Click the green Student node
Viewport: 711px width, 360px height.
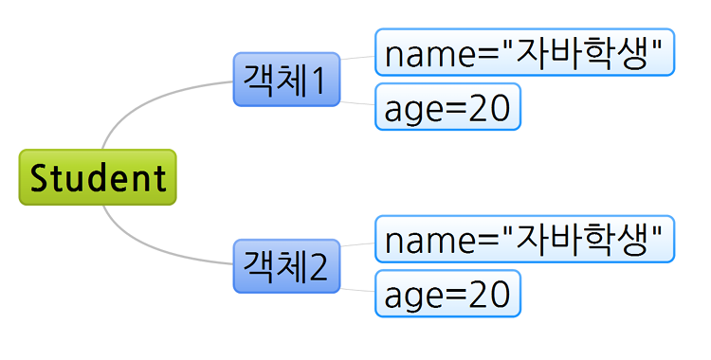click(98, 177)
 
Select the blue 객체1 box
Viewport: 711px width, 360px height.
click(286, 80)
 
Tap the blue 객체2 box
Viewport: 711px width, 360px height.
click(286, 266)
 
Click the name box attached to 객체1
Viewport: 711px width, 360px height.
click(525, 52)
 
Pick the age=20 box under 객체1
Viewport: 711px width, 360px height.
click(448, 106)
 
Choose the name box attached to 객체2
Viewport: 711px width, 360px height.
click(525, 239)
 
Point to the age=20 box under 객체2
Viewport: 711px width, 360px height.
click(448, 294)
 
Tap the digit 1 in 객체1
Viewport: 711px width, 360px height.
click(319, 81)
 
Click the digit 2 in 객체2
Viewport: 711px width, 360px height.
click(319, 267)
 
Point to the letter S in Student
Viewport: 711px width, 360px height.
click(40, 177)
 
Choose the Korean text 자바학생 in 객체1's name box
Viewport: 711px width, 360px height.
click(583, 53)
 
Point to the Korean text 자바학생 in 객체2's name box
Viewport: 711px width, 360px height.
click(583, 240)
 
